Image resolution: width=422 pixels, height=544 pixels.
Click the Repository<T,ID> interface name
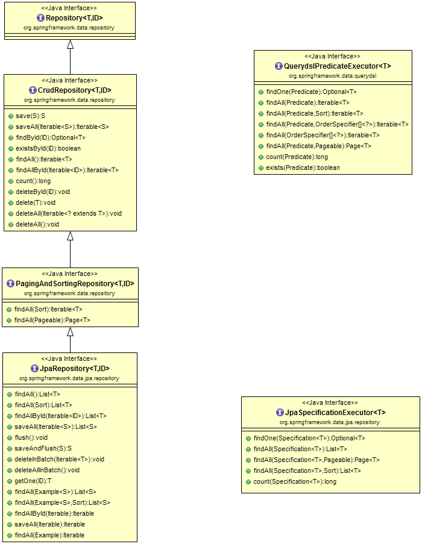74,18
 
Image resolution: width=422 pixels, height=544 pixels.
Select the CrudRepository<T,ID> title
74,90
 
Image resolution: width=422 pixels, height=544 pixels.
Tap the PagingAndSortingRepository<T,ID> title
74,284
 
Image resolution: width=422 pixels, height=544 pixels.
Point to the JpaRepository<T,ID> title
74,369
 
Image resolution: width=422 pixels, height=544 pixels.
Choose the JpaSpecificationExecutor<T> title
335,413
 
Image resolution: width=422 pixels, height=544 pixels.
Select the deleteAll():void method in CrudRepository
37,224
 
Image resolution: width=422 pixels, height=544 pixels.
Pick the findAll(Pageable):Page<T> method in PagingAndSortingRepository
52,320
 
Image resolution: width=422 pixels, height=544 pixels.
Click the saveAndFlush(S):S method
43,448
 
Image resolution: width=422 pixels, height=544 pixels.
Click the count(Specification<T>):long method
295,481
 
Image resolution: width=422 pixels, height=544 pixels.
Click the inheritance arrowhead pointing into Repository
70,45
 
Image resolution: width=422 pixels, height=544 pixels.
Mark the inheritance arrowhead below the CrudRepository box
70,236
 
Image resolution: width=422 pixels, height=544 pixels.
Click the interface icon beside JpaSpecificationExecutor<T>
280,413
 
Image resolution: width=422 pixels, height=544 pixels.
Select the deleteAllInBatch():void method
47,470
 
